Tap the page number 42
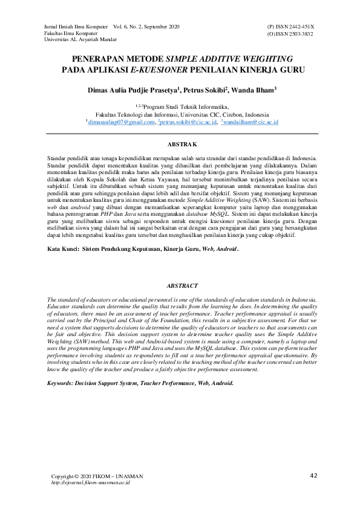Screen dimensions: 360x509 313,475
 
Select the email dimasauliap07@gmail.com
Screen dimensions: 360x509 121,122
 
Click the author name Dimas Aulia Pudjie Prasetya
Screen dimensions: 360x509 132,89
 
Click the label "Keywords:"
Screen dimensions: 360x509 62,383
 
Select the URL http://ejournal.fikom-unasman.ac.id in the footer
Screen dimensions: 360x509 90,483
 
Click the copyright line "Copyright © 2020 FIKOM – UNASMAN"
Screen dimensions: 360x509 97,476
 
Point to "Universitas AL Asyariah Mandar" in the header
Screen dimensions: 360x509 78,41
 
